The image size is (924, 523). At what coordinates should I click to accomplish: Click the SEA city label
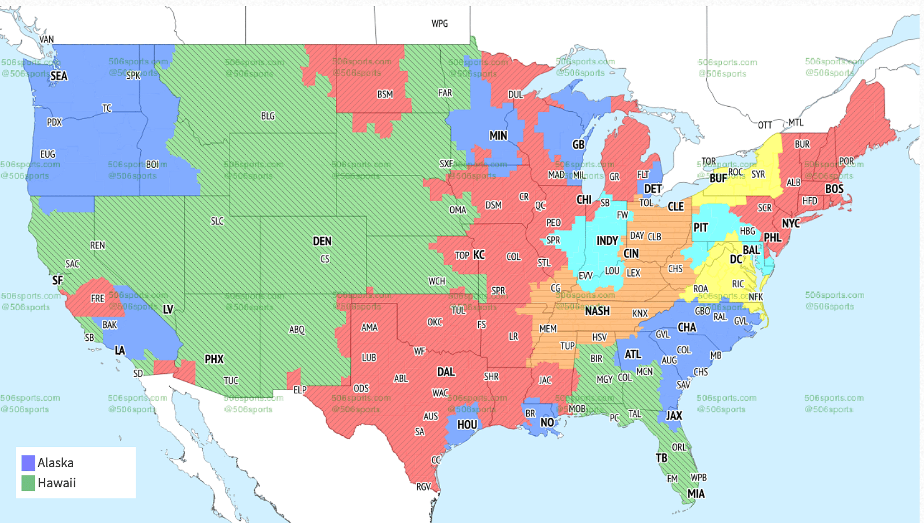pyautogui.click(x=59, y=76)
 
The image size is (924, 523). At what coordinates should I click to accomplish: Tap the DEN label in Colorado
pyautogui.click(x=322, y=241)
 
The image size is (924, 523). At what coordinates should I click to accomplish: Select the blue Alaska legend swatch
pyautogui.click(x=28, y=463)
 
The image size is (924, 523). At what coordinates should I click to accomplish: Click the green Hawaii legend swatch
pyautogui.click(x=28, y=483)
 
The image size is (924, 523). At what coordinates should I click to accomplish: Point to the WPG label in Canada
pyautogui.click(x=440, y=23)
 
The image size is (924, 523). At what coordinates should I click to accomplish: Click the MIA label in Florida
pyautogui.click(x=696, y=494)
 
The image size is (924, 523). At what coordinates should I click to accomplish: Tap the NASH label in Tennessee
pyautogui.click(x=597, y=311)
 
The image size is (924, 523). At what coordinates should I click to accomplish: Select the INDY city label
pyautogui.click(x=607, y=241)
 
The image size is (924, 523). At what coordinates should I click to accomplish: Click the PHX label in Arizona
pyautogui.click(x=214, y=359)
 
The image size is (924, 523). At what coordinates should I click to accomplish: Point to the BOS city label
pyautogui.click(x=834, y=189)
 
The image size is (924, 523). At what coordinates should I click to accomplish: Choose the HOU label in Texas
pyautogui.click(x=467, y=425)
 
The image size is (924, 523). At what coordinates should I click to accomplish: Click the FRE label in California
pyautogui.click(x=98, y=298)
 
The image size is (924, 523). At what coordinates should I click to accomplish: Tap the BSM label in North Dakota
pyautogui.click(x=385, y=94)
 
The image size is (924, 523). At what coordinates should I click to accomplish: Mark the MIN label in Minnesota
pyautogui.click(x=498, y=136)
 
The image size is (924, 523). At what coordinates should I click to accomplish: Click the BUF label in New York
pyautogui.click(x=718, y=178)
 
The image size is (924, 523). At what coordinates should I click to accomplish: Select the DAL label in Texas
pyautogui.click(x=446, y=372)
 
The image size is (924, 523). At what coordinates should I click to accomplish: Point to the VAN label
pyautogui.click(x=46, y=40)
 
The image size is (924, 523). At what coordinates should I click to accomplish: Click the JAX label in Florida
pyautogui.click(x=674, y=416)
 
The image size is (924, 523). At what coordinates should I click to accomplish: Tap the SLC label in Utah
pyautogui.click(x=217, y=221)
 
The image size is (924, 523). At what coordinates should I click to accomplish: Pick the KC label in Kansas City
pyautogui.click(x=479, y=255)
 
